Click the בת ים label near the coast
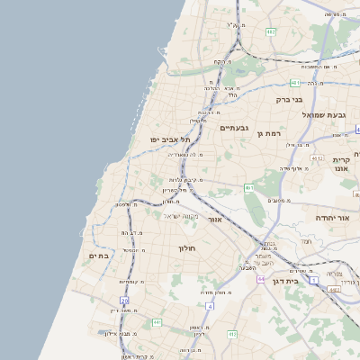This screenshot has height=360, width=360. click(x=99, y=256)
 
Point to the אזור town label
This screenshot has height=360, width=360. click(x=214, y=219)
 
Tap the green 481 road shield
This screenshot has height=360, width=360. click(x=295, y=83)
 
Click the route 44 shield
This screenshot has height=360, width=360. click(x=260, y=279)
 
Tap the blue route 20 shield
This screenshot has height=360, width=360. click(x=124, y=301)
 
